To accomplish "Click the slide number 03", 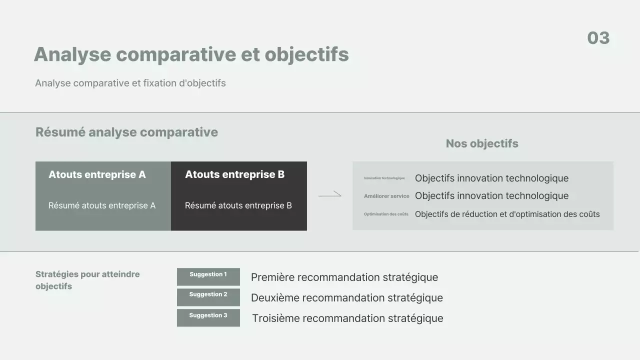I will [x=598, y=38].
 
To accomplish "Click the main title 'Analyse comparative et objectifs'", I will [x=191, y=54].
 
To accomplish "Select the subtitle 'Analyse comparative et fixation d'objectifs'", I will [x=130, y=83].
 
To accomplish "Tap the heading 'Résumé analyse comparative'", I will [x=126, y=132].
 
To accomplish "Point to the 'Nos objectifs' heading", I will [x=481, y=143].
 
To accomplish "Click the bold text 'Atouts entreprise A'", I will [x=97, y=174].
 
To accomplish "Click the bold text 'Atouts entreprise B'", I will [x=234, y=174].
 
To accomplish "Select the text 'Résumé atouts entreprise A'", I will [x=102, y=205].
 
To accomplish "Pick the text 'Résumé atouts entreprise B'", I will [x=238, y=205].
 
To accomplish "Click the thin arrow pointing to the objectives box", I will [x=330, y=194].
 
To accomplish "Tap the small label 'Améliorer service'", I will [x=386, y=196].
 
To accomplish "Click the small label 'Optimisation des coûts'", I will [x=386, y=214].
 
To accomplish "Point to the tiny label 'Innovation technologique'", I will [x=384, y=178].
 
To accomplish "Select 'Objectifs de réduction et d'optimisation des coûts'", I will [x=507, y=214].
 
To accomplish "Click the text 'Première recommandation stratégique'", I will [x=344, y=277].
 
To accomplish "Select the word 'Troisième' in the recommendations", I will [x=275, y=318].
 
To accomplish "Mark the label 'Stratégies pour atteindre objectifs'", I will [x=87, y=280].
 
